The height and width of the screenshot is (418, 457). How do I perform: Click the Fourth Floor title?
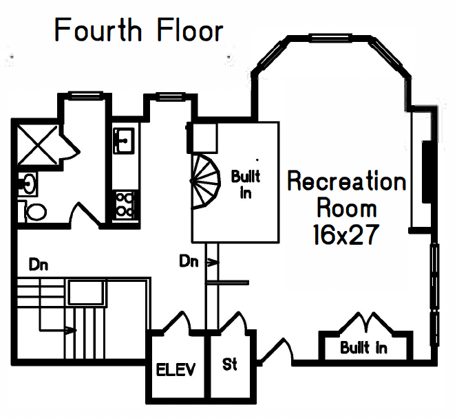point(139,31)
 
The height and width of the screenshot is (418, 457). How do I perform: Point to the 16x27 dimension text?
point(346,235)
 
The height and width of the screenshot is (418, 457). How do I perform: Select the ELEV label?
point(176,371)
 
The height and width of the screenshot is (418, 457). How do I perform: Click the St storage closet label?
point(230,364)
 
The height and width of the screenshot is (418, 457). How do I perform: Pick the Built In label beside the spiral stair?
point(245,184)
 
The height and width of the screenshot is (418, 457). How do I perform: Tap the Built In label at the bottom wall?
point(363,348)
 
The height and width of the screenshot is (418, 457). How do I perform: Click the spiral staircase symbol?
point(207,181)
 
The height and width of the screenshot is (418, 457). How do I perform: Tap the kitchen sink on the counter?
point(124,141)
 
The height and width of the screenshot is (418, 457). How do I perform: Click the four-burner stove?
point(125,203)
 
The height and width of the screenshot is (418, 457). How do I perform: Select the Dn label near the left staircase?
point(38,263)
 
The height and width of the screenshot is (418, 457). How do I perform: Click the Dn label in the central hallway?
point(189,261)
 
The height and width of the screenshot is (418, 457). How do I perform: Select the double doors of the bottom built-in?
point(364,322)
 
